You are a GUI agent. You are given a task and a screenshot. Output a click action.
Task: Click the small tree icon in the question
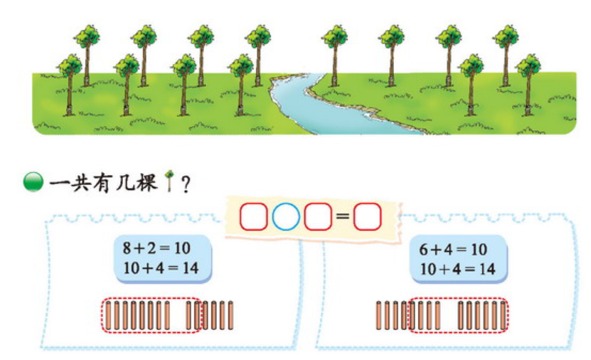pos(169,183)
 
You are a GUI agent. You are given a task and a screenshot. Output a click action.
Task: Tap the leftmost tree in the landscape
pos(70,82)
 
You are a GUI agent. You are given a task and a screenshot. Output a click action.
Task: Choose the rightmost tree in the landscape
pos(528,82)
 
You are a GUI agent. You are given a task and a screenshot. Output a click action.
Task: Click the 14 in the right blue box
pos(486,269)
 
